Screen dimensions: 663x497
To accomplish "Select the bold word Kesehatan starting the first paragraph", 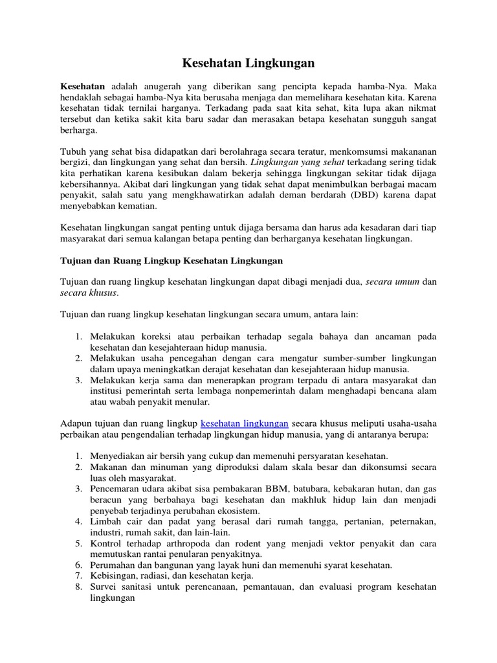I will pos(83,85).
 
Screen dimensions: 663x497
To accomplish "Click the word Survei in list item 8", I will pos(104,587).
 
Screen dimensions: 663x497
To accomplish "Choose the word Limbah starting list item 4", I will pos(105,522).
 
